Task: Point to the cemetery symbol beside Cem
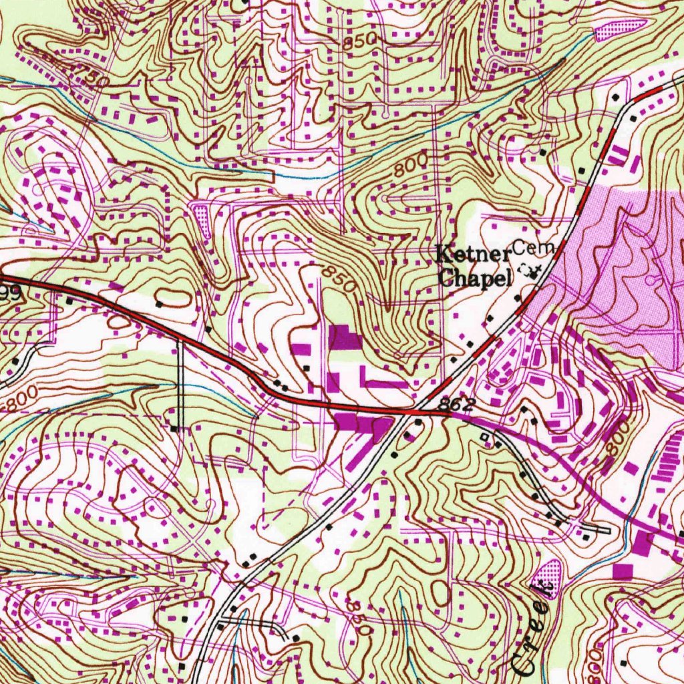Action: coord(534,270)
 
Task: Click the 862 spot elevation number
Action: coord(457,405)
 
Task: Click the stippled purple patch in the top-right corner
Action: coord(621,29)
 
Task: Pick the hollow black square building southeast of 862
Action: coord(486,437)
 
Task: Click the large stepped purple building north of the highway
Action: coord(344,337)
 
